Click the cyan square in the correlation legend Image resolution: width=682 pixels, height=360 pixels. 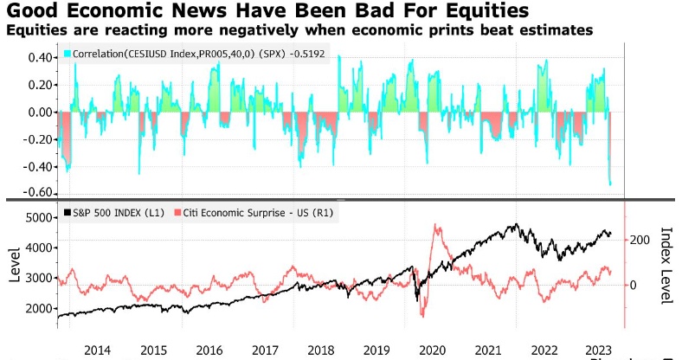pos(67,54)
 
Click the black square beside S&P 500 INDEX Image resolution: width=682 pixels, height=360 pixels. pos(67,213)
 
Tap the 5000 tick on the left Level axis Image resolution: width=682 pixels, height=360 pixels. pos(40,217)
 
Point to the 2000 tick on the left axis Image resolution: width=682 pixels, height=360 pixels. pos(40,308)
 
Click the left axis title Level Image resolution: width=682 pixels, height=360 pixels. pos(15,264)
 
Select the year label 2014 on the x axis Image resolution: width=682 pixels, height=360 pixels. pos(97,350)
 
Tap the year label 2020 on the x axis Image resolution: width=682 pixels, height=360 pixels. pos(433,350)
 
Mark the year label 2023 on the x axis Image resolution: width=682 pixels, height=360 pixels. pos(600,350)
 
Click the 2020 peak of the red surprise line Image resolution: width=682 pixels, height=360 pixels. pos(436,227)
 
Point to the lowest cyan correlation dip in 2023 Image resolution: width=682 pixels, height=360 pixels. pos(610,184)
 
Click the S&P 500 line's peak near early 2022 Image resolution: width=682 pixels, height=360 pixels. pos(517,224)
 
